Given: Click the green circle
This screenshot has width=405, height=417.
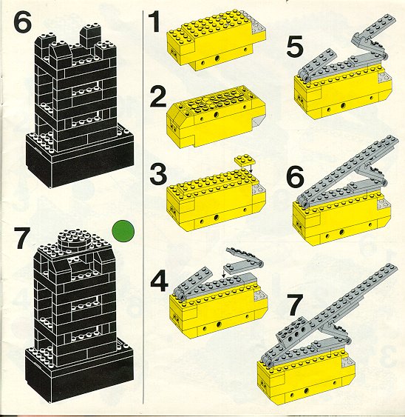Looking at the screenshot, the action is pos(123,231).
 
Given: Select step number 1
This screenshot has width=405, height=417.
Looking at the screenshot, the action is pos(154,21).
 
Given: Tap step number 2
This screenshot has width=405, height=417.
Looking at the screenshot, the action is pos(158,97).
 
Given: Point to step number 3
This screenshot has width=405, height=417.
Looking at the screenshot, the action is pos(158,174).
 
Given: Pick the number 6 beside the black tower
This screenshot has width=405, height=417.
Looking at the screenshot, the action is pos(22,21).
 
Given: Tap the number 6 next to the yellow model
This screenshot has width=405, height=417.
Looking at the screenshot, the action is pos(296,176).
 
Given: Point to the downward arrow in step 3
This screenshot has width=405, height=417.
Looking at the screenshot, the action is pos(251,169).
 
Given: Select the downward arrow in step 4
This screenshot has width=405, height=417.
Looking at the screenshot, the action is pos(223,273).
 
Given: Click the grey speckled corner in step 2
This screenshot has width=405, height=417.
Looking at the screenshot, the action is pos(257,121).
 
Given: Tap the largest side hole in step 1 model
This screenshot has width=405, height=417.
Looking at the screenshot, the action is pos(217,58).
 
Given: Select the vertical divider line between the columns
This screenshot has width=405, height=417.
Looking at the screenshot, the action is pos(143,207).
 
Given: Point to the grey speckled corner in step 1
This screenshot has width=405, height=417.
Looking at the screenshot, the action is pos(257,27).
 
